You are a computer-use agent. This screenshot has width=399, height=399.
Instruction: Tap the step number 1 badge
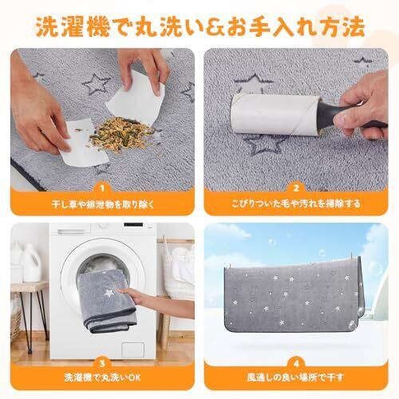tap(102, 188)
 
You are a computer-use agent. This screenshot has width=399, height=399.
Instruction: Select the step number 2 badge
tap(296, 188)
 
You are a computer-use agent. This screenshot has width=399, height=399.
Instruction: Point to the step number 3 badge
tap(102, 364)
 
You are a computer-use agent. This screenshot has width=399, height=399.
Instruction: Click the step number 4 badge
tap(296, 364)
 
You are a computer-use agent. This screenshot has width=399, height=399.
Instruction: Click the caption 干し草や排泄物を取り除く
tap(103, 204)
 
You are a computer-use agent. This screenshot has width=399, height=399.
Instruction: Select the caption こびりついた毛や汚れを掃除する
tap(296, 203)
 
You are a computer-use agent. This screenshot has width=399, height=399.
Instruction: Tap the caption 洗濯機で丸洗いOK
tap(102, 377)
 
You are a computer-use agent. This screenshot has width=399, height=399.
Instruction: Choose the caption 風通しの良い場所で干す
tap(295, 377)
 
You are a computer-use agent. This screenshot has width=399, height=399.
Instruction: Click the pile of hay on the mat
tap(121, 135)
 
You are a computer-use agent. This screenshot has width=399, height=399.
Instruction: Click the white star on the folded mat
tap(109, 293)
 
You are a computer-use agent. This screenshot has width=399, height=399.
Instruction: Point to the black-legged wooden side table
tap(30, 314)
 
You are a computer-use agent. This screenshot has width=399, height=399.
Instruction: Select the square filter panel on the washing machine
tap(132, 350)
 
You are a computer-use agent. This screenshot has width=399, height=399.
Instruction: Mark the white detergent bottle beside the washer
tap(31, 263)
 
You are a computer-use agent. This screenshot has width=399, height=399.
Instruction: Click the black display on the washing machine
tap(133, 225)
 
